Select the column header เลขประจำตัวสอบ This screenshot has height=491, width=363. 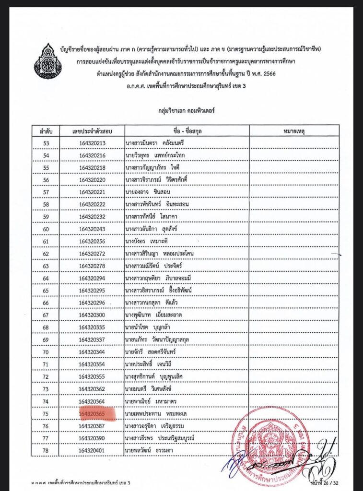93,130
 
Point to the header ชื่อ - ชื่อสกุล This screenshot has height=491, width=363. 187,130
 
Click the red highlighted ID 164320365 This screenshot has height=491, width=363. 98,413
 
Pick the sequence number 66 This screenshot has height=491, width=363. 46,303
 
